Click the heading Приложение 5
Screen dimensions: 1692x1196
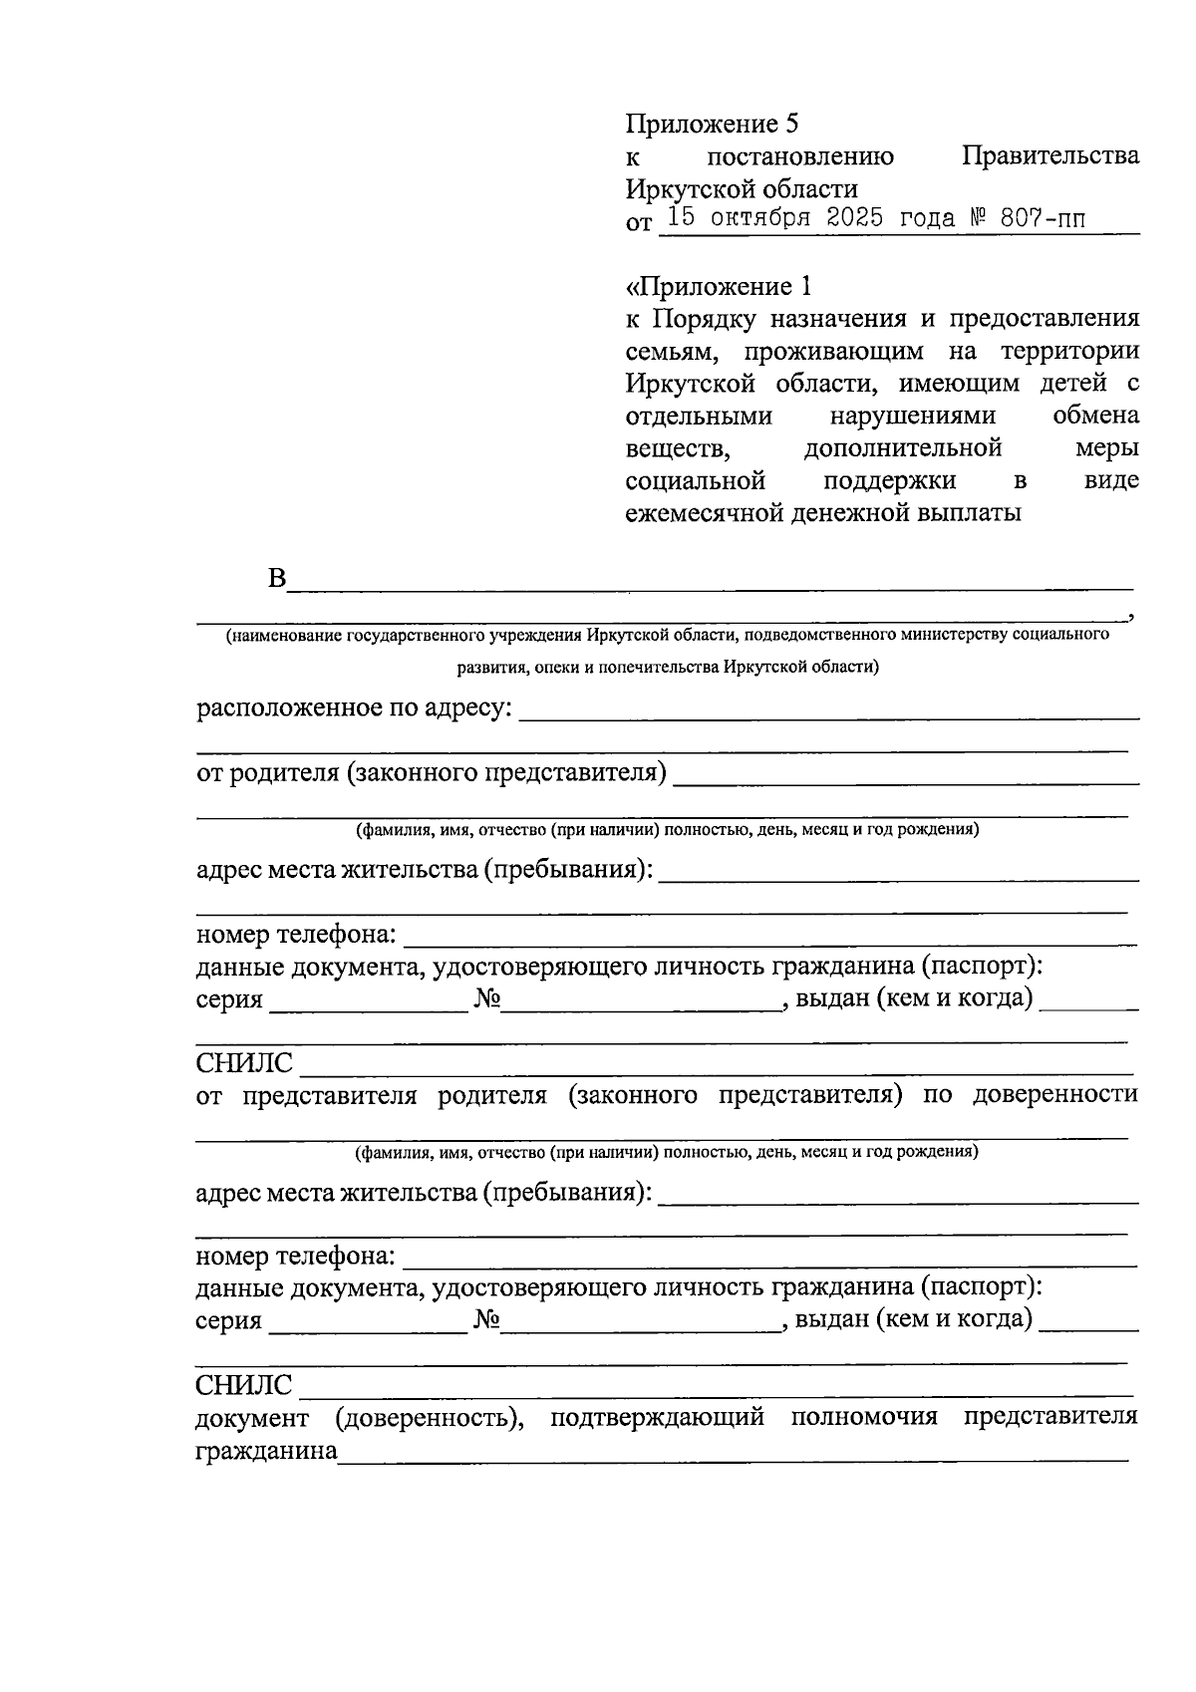pyautogui.click(x=712, y=124)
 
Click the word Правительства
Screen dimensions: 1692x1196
pyautogui.click(x=1050, y=156)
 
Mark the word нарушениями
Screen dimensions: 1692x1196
pyautogui.click(x=912, y=416)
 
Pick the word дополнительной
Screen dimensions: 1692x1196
pyautogui.click(x=902, y=448)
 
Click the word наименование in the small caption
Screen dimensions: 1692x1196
pyautogui.click(x=286, y=635)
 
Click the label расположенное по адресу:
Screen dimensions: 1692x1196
pyautogui.click(x=354, y=708)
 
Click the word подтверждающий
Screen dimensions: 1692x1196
pyautogui.click(x=657, y=1416)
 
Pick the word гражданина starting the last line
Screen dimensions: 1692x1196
pyautogui.click(x=266, y=1451)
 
